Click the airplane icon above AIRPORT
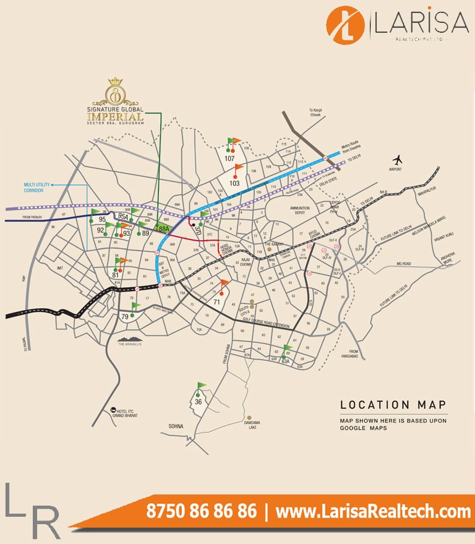(397, 158)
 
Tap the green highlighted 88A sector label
(164, 229)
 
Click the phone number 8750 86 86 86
(201, 511)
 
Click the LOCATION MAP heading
(393, 405)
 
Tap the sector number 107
(229, 158)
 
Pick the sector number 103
(234, 183)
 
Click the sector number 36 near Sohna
(198, 401)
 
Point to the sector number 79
(125, 317)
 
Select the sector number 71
(217, 302)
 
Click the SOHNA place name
(176, 426)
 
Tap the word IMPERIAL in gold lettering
(115, 116)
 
